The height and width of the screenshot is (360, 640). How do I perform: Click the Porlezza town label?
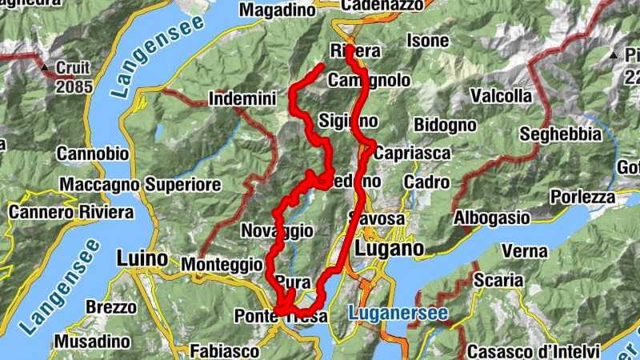click(x=583, y=197)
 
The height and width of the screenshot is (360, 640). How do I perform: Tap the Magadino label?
click(x=278, y=10)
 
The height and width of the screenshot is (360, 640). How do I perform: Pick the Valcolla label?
click(x=502, y=96)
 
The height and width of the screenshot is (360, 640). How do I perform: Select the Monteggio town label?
click(x=222, y=263)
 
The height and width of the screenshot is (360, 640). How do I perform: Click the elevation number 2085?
click(x=74, y=86)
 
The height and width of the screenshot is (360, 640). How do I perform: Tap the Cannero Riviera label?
click(x=71, y=213)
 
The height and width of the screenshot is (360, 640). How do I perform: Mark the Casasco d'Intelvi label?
click(x=534, y=351)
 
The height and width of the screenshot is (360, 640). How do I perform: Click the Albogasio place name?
click(x=492, y=218)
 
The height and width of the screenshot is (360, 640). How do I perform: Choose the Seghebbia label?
click(x=560, y=134)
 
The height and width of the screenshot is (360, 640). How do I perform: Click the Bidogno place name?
click(x=445, y=126)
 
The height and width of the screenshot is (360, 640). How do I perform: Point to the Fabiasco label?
click(x=225, y=350)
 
